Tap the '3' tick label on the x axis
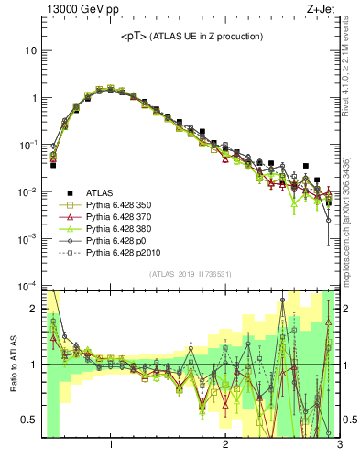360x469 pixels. coord(339,446)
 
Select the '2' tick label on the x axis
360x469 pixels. coord(225,446)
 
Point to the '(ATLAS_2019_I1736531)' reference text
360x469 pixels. coord(191,274)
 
